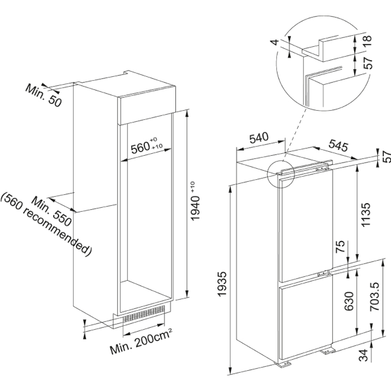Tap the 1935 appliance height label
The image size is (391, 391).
(x=222, y=284)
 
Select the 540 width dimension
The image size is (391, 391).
(x=259, y=138)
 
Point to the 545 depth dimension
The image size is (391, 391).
(x=338, y=145)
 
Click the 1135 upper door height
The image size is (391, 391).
(x=366, y=214)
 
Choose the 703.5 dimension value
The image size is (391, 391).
(x=375, y=297)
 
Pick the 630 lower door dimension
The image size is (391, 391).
(x=349, y=301)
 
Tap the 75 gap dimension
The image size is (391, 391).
(x=340, y=246)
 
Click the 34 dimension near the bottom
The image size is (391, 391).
(x=364, y=355)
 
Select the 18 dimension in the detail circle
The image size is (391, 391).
(x=368, y=40)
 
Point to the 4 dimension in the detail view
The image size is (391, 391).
(x=275, y=42)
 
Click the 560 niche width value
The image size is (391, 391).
(x=147, y=145)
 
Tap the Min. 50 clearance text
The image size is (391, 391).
(x=44, y=96)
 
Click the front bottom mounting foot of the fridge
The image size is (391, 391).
(x=283, y=364)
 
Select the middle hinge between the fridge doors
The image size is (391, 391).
(x=324, y=274)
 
